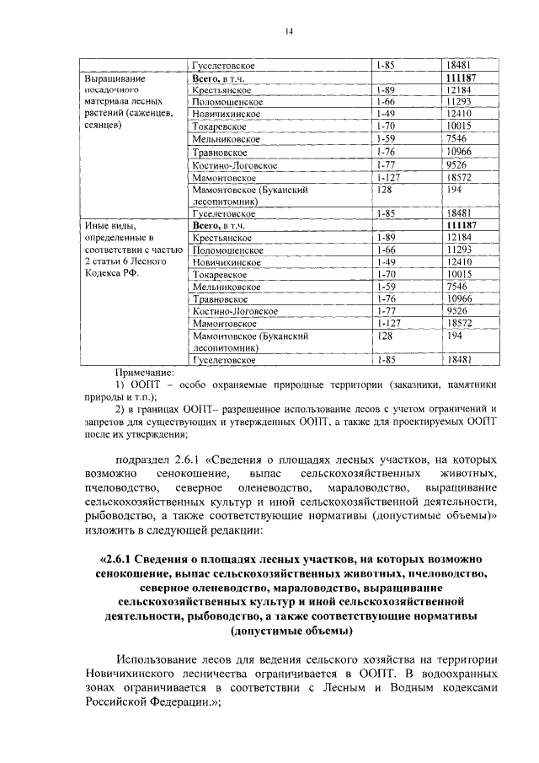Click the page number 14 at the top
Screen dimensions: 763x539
(x=288, y=31)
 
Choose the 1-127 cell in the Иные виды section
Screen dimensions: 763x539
(x=388, y=323)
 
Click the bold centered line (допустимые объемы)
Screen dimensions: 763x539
(x=291, y=631)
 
